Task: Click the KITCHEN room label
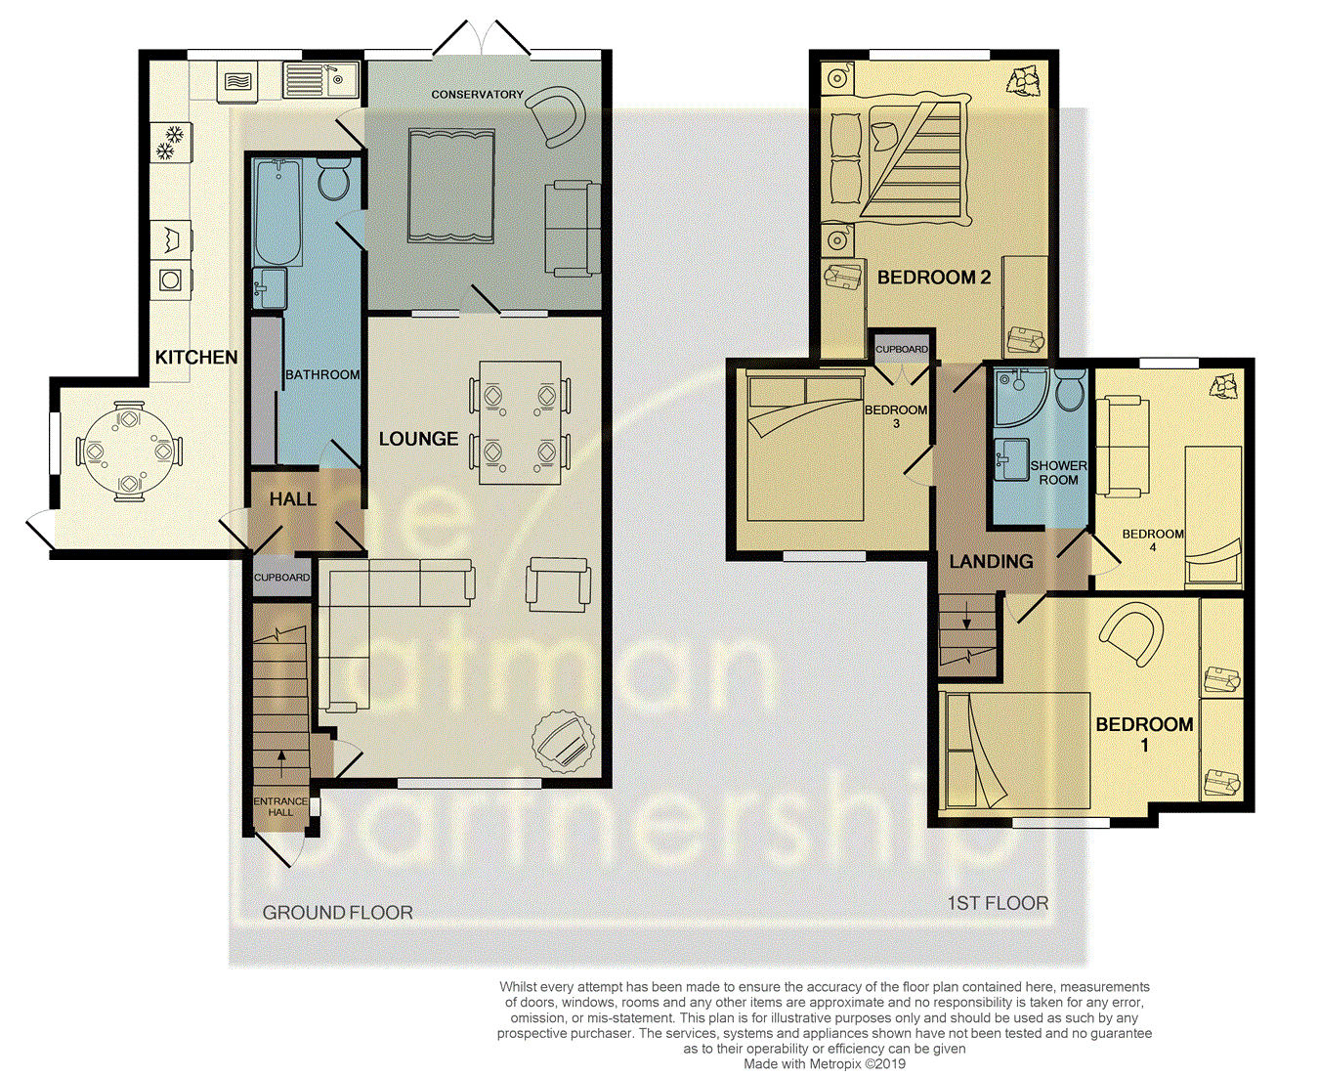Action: [x=196, y=358]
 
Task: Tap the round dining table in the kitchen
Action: [x=129, y=452]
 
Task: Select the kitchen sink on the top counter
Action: [x=321, y=79]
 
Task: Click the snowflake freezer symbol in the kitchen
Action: [x=171, y=142]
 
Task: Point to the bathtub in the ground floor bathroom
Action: [x=277, y=212]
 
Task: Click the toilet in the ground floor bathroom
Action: [x=334, y=180]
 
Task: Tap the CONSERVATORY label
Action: [x=477, y=95]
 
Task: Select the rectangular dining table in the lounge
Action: [x=520, y=423]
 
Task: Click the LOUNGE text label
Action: [x=418, y=440]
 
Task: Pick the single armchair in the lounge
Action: [x=558, y=583]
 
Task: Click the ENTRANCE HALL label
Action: [x=280, y=806]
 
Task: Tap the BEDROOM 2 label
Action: [x=933, y=278]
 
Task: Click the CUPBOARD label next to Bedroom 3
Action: [x=901, y=349]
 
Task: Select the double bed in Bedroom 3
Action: [x=804, y=445]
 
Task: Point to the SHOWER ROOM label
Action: [x=1058, y=472]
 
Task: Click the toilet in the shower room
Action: [x=1070, y=389]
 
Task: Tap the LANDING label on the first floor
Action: [x=991, y=561]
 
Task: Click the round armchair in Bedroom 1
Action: [x=1133, y=633]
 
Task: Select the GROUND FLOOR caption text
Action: [x=337, y=913]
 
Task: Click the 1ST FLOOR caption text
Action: [x=998, y=903]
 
